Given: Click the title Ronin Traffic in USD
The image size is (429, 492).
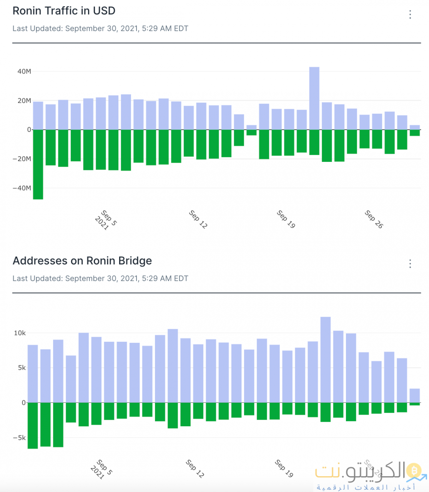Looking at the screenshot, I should [x=64, y=11].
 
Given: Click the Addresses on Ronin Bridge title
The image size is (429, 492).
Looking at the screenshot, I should [x=82, y=261].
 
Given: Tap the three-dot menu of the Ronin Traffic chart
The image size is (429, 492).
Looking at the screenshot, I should [x=410, y=15].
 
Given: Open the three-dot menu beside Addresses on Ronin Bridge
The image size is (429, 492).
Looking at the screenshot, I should [x=410, y=264].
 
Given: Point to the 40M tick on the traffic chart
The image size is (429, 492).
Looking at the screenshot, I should [x=24, y=71].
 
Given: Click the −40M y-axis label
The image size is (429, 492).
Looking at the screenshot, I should [x=22, y=188].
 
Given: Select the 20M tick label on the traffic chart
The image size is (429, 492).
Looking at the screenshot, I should [x=24, y=101].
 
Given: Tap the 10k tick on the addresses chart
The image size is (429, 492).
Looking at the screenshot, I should [x=20, y=333].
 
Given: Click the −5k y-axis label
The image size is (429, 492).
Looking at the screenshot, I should [x=19, y=438].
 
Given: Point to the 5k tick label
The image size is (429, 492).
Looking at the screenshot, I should [x=22, y=368].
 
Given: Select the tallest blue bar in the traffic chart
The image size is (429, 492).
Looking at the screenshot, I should [x=314, y=98].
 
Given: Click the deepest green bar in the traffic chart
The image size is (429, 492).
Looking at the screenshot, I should [x=38, y=165].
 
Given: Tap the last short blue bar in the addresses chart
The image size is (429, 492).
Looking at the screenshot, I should [x=414, y=396].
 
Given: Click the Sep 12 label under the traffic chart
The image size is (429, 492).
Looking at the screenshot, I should [x=198, y=219].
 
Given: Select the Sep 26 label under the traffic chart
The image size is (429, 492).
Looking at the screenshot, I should [x=374, y=219].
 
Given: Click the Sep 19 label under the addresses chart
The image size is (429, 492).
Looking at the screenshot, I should [x=284, y=468].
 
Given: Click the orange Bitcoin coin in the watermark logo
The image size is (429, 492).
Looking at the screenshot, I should [x=414, y=470].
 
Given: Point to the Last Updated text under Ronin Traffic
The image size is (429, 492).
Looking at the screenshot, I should [x=100, y=28].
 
